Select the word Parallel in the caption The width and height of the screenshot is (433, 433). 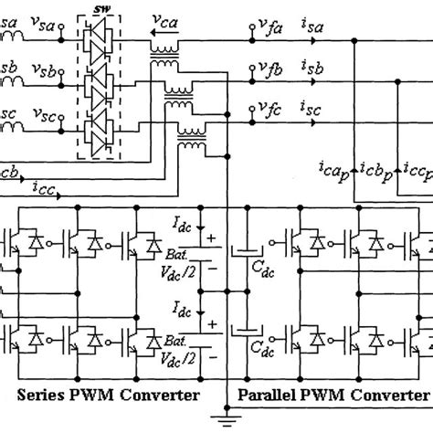(x=270, y=394)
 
